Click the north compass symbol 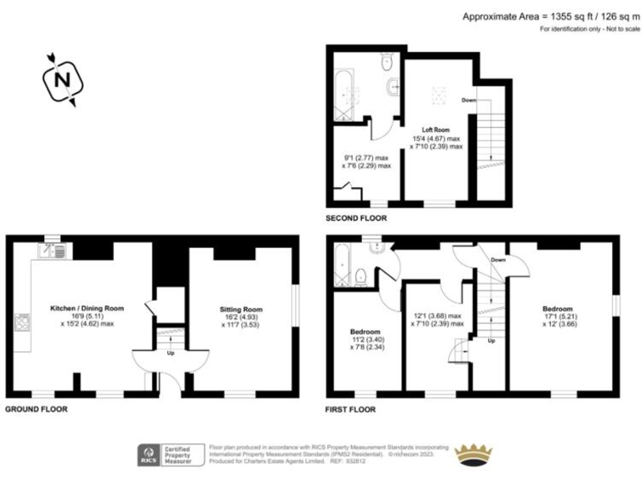[x=59, y=80]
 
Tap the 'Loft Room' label [x=437, y=129]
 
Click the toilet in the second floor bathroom [x=386, y=63]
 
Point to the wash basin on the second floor [x=391, y=86]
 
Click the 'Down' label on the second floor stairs [x=469, y=100]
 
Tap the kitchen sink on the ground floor [x=52, y=249]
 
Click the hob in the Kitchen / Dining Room [x=21, y=322]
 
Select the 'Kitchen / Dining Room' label [x=86, y=308]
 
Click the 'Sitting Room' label [x=241, y=309]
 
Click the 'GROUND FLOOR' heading [x=37, y=409]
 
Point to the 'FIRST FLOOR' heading [x=350, y=409]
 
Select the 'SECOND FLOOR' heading [x=356, y=218]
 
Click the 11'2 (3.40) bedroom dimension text [x=365, y=340]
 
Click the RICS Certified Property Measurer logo [x=171, y=454]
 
